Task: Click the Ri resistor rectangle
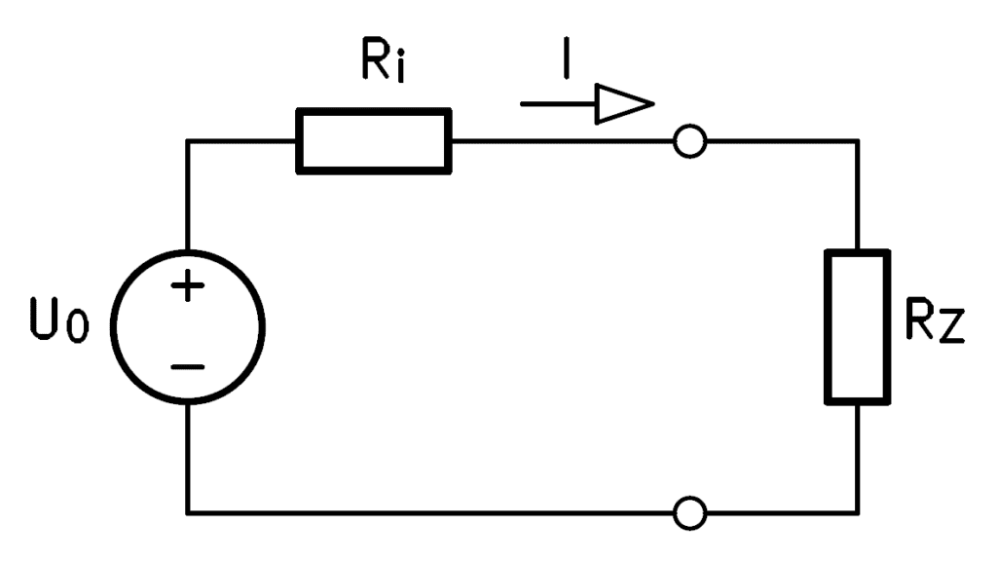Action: tap(374, 111)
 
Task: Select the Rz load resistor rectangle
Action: tap(827, 327)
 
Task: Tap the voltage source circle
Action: tap(113, 327)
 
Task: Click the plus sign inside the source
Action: tap(188, 286)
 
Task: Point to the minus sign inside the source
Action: tap(188, 367)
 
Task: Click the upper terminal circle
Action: tap(676, 141)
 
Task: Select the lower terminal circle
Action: tap(676, 513)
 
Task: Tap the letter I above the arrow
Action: tap(566, 57)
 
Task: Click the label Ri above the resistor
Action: tap(384, 60)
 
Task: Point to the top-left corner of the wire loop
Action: tap(188, 141)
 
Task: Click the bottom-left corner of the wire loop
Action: tap(188, 512)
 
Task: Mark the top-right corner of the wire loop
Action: tap(858, 141)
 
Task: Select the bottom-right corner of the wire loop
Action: tap(858, 512)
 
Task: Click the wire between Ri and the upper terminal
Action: tap(563, 141)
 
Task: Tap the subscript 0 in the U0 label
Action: tap(78, 327)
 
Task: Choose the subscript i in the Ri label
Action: tap(399, 67)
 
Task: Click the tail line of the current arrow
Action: tap(558, 103)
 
